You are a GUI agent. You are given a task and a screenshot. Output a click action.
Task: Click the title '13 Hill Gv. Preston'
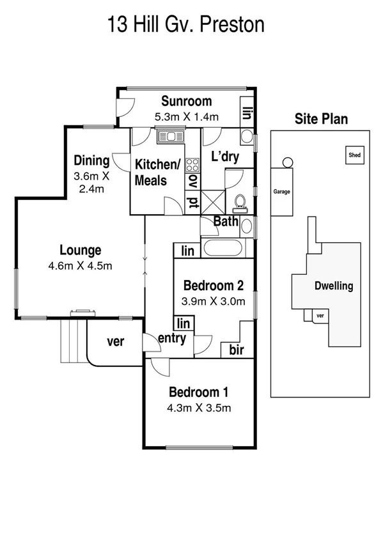(185, 25)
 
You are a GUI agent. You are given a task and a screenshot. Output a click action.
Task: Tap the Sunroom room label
(186, 101)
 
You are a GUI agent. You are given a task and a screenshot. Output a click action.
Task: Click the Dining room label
(91, 160)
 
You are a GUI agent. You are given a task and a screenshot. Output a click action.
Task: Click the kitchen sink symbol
(170, 135)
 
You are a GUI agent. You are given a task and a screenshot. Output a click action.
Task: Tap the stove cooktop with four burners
(192, 166)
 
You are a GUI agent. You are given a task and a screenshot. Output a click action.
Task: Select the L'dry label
(225, 157)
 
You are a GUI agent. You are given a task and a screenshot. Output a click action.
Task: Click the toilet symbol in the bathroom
(241, 202)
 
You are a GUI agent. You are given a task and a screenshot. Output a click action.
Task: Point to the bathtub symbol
(222, 249)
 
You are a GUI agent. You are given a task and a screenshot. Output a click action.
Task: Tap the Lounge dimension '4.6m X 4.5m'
(81, 265)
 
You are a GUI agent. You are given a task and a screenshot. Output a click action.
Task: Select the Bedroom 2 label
(214, 285)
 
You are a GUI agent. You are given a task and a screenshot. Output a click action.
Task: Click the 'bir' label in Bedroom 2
(235, 350)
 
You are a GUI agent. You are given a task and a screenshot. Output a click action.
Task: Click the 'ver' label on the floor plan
(114, 341)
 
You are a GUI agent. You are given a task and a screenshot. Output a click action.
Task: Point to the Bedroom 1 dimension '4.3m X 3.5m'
(199, 408)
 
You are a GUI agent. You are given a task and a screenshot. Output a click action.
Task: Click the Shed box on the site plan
(354, 155)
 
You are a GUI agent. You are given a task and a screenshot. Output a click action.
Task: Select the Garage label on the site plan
(282, 191)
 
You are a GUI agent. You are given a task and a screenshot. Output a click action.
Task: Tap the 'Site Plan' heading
(321, 119)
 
